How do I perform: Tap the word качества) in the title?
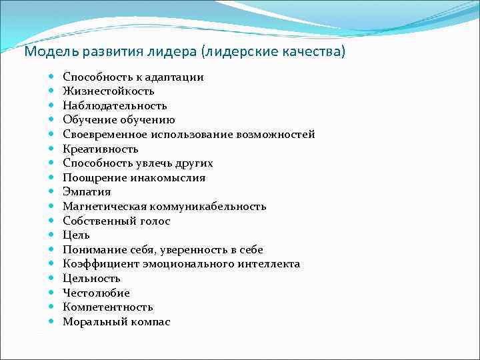pyautogui.click(x=315, y=52)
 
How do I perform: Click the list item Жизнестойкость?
pyautogui.click(x=109, y=91)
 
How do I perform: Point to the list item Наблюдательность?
pyautogui.click(x=115, y=105)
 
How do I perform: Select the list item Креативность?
pyautogui.click(x=101, y=149)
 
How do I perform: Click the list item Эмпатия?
pyautogui.click(x=87, y=192)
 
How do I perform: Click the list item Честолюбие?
pyautogui.click(x=96, y=293)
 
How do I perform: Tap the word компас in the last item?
pyautogui.click(x=151, y=322)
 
